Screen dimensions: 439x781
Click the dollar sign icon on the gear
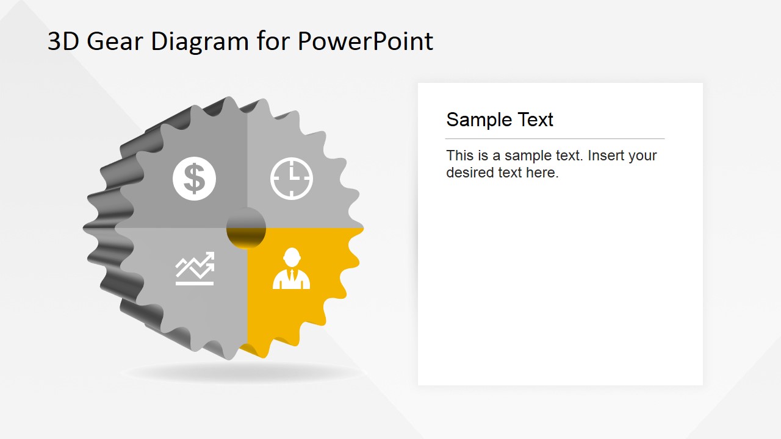tap(194, 179)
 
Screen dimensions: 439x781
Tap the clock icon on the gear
tap(292, 179)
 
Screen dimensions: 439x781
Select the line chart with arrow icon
tap(195, 268)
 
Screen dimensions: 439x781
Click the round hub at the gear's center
tap(246, 228)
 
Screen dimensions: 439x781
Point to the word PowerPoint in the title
tap(365, 41)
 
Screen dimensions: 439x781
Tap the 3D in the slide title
tap(63, 41)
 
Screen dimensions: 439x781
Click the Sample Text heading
tap(499, 120)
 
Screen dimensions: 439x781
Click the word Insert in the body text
tap(608, 155)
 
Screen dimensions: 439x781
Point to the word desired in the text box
tap(469, 173)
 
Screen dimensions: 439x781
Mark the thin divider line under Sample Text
tap(555, 139)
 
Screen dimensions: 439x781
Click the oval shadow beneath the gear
tap(241, 373)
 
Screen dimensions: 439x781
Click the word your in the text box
tap(642, 155)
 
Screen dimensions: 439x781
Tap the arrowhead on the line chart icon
tap(210, 257)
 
